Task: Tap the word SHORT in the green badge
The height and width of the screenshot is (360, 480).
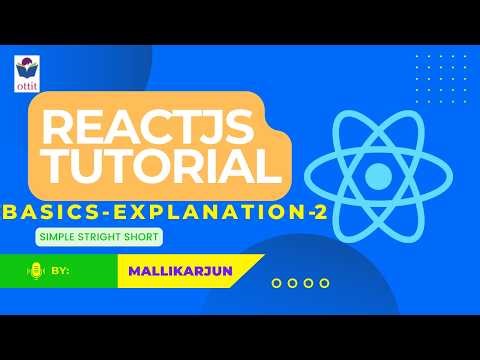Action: pyautogui.click(x=139, y=237)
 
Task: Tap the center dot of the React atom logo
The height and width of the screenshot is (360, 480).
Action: pyautogui.click(x=377, y=177)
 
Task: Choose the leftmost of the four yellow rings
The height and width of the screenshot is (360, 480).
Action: pyautogui.click(x=277, y=283)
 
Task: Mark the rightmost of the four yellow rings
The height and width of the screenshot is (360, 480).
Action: pyautogui.click(x=325, y=283)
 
